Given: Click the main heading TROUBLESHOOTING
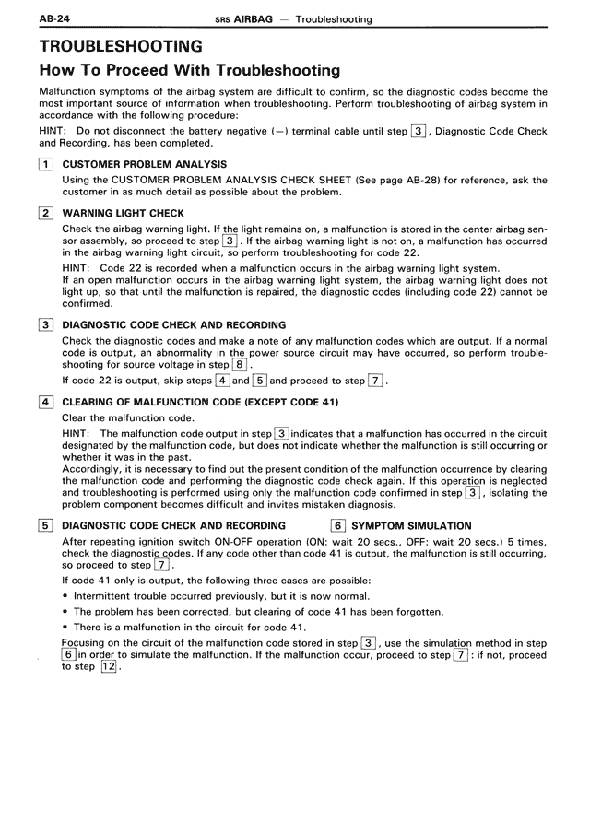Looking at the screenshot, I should [x=121, y=46].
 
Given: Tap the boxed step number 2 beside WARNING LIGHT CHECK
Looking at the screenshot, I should [x=45, y=214].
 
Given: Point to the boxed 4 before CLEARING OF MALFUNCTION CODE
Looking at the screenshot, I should [x=45, y=402].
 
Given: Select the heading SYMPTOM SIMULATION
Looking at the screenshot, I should [x=412, y=526].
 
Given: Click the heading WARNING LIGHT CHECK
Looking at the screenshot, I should [x=123, y=214].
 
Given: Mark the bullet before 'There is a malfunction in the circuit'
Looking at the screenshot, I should [x=65, y=628].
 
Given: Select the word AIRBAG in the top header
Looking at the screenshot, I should [x=252, y=18].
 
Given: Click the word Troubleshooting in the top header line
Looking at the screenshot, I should [x=327, y=18].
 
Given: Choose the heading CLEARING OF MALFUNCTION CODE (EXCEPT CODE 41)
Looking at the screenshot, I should [x=200, y=402].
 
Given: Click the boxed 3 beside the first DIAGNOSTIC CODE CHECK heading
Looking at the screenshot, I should [x=45, y=325].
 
